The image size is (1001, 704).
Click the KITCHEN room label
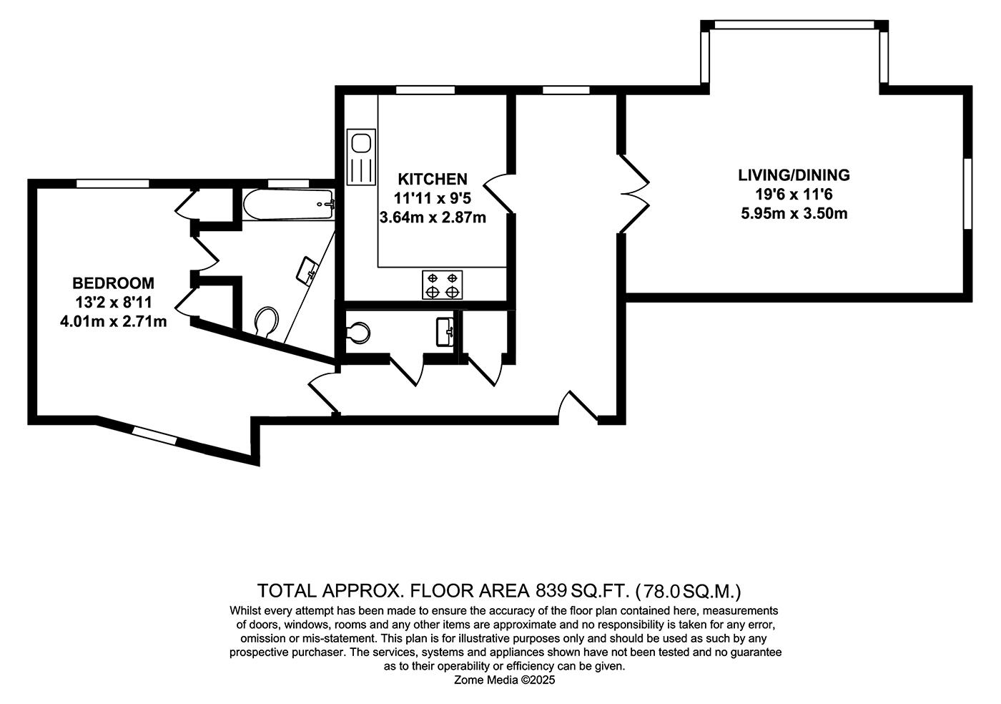tap(433, 180)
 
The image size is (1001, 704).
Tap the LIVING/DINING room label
tap(794, 175)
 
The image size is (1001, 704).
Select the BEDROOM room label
tap(114, 283)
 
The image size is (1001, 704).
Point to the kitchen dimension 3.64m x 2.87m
tap(433, 217)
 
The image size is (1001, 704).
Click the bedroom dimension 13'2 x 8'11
tap(114, 303)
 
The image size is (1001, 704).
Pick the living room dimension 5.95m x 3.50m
tap(794, 213)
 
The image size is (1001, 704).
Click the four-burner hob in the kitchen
tap(443, 285)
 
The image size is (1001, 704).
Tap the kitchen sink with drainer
tap(361, 157)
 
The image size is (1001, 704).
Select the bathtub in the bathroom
tap(289, 205)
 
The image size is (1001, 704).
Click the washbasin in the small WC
tap(445, 331)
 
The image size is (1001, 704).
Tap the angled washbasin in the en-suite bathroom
tap(307, 270)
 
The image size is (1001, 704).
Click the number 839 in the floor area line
tap(551, 591)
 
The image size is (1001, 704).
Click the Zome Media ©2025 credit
tap(505, 680)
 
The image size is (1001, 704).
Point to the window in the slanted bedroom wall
tap(154, 435)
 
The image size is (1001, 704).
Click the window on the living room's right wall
tap(968, 194)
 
